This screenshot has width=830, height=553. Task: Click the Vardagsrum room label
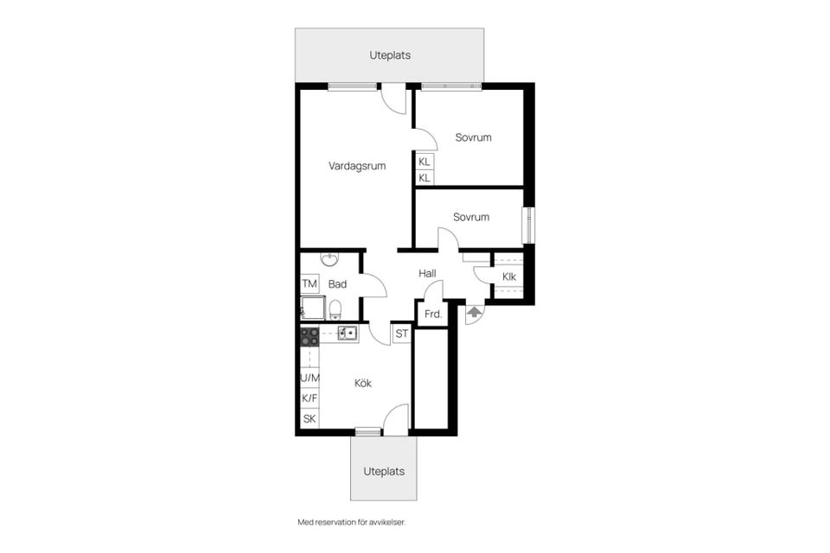point(357,166)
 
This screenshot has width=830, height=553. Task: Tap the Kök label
point(363,383)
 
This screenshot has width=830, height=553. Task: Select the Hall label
point(427,273)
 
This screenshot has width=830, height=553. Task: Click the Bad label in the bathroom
point(337,284)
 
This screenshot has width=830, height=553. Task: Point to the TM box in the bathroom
point(309,284)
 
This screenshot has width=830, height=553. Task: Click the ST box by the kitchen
point(402,334)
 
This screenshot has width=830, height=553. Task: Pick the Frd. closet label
point(431,315)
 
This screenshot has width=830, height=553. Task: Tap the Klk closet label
point(509,276)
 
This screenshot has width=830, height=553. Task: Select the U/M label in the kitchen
point(310,378)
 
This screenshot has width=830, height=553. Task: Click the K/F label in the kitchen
point(310,398)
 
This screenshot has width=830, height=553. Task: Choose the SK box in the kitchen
point(310,419)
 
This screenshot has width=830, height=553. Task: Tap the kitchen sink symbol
point(347,334)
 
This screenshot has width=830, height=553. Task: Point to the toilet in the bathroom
point(335,309)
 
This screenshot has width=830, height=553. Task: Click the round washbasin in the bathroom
point(329,259)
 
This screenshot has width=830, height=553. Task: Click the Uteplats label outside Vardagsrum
point(390,54)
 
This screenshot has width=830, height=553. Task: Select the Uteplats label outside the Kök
point(384,472)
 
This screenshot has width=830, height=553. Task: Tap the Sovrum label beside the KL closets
point(474,137)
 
